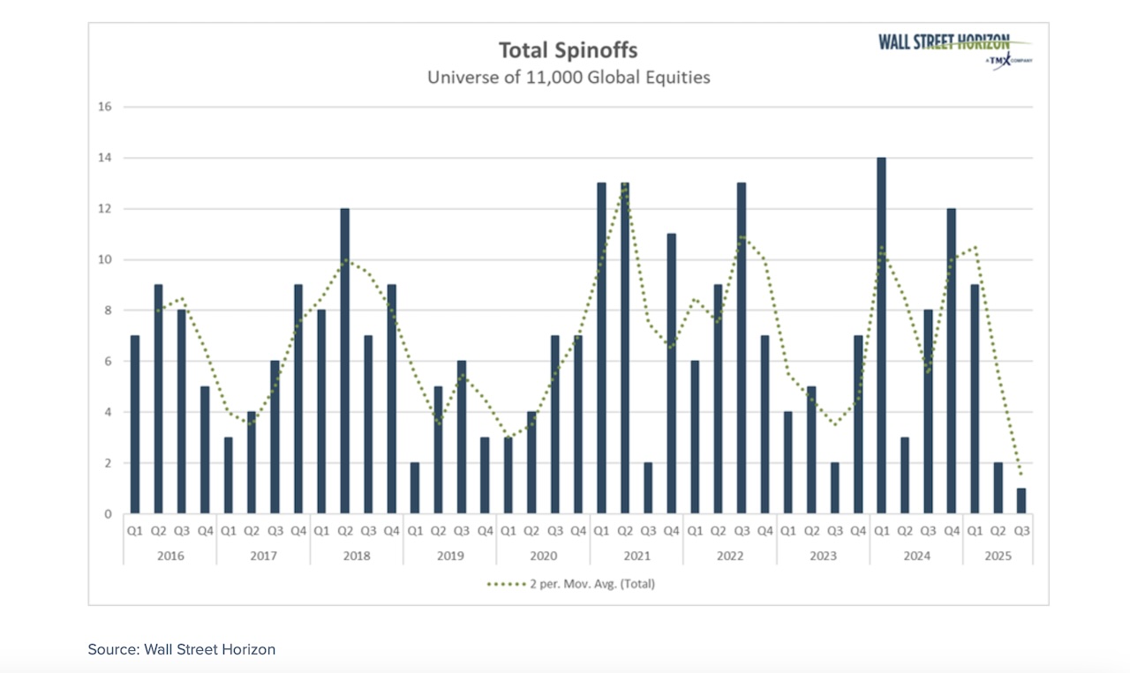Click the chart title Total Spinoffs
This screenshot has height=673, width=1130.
pos(569,49)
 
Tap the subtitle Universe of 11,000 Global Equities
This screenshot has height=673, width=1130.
pos(569,78)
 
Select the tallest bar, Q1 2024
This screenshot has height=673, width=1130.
pos(881,335)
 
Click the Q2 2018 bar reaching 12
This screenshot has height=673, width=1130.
pos(344,361)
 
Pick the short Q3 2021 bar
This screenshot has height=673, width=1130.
pos(648,488)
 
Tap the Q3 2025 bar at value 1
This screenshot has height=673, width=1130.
pos(1021,501)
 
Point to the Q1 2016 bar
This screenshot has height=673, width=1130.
pos(134,424)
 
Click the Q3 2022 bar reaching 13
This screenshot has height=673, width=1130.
pos(741,348)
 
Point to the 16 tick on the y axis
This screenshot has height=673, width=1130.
pos(105,107)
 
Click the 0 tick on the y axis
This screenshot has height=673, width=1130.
pos(108,514)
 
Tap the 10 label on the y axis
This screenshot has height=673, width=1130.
pos(105,259)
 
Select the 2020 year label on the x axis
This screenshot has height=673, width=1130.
pos(543,557)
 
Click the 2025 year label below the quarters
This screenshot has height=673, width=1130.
pos(998,557)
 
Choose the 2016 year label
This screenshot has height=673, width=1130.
pos(169,557)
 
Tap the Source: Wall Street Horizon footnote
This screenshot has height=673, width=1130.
pos(182,649)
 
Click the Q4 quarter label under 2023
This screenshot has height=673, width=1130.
pos(858,532)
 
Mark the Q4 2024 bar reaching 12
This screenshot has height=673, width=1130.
pos(951,361)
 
